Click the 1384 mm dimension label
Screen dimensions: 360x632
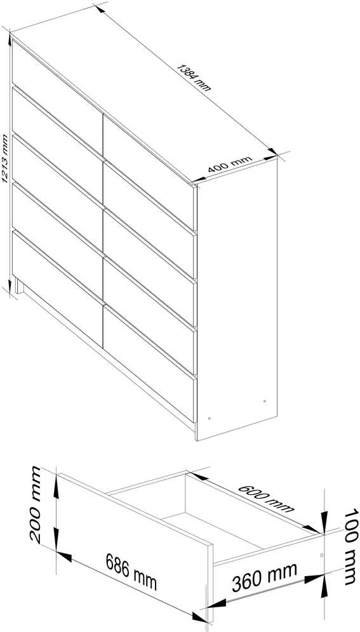pyautogui.click(x=194, y=78)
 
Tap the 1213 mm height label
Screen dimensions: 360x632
pyautogui.click(x=4, y=158)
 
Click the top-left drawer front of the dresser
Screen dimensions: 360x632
pyautogui.click(x=57, y=91)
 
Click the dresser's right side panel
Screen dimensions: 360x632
pyautogui.click(x=237, y=299)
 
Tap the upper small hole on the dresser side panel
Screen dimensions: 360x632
pyautogui.click(x=265, y=401)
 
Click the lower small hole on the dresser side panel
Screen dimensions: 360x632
pyautogui.click(x=209, y=419)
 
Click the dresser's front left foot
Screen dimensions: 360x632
pyautogui.click(x=19, y=286)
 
